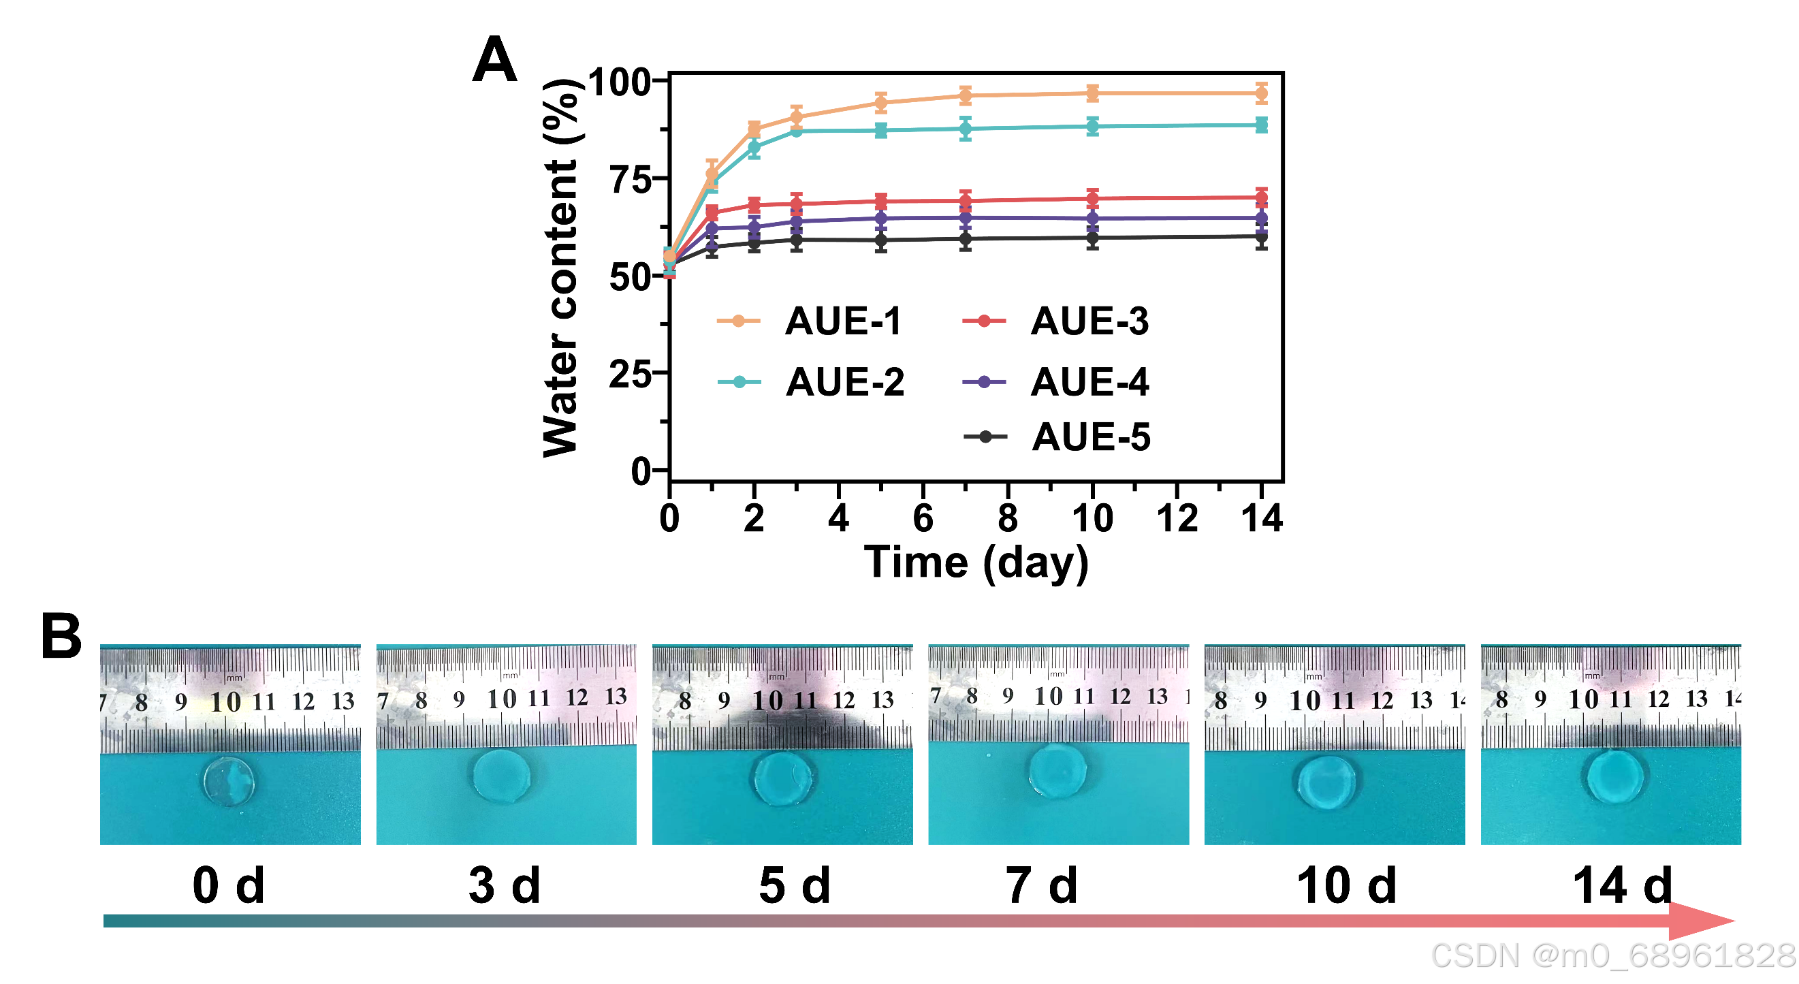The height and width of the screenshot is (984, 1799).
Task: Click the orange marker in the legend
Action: [x=738, y=321]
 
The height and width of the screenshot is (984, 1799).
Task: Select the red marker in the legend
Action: [x=984, y=321]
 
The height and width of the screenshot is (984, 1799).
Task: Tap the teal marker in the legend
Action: [x=739, y=382]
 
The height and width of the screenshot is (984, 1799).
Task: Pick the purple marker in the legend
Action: [x=984, y=382]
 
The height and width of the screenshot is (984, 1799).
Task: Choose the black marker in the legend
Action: [x=985, y=437]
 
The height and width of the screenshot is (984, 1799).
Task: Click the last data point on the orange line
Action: [x=1261, y=93]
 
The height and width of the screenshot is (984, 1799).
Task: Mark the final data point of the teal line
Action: [x=1261, y=125]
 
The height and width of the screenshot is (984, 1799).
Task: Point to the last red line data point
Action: [x=1261, y=198]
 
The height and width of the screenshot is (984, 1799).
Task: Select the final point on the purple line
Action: [x=1261, y=219]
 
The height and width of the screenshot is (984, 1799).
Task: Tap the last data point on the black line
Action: [x=1261, y=238]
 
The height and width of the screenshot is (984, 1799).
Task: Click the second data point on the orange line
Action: [x=712, y=173]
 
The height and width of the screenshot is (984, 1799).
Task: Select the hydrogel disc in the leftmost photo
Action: [x=229, y=782]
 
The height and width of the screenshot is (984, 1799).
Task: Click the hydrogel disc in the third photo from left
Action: [x=783, y=778]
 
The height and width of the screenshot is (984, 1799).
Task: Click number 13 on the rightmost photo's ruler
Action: [x=1696, y=699]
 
